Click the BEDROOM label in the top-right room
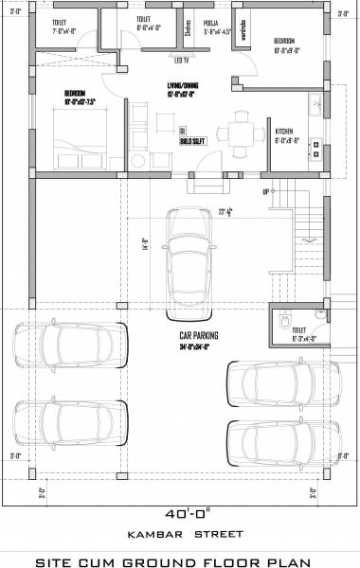click(285, 41)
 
